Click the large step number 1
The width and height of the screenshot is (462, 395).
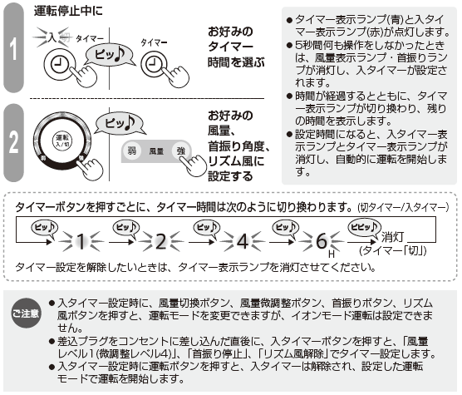13,47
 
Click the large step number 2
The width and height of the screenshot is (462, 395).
13,142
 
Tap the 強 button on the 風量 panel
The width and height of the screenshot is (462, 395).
181,151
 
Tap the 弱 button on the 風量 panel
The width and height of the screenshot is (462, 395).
131,151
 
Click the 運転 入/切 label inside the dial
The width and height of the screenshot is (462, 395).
62,141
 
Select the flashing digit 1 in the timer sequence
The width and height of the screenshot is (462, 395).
81,241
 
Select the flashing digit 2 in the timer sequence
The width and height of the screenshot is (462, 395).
161,241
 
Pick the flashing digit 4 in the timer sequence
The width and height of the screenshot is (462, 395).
242,241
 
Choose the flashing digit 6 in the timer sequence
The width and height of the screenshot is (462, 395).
322,241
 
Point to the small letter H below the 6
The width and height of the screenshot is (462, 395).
332,254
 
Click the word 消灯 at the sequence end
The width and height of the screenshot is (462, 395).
393,237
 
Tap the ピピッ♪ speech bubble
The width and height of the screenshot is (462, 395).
365,228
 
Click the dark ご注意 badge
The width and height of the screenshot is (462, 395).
26,313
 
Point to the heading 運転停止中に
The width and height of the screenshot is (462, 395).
68,11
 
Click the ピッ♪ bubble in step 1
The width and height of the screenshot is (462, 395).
109,55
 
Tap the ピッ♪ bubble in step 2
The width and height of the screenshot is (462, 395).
120,123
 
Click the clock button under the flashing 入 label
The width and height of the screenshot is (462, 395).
60,64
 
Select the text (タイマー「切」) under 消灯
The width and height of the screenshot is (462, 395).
393,250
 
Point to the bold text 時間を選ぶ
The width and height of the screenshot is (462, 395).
236,62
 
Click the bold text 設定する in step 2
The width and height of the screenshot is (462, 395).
230,176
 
